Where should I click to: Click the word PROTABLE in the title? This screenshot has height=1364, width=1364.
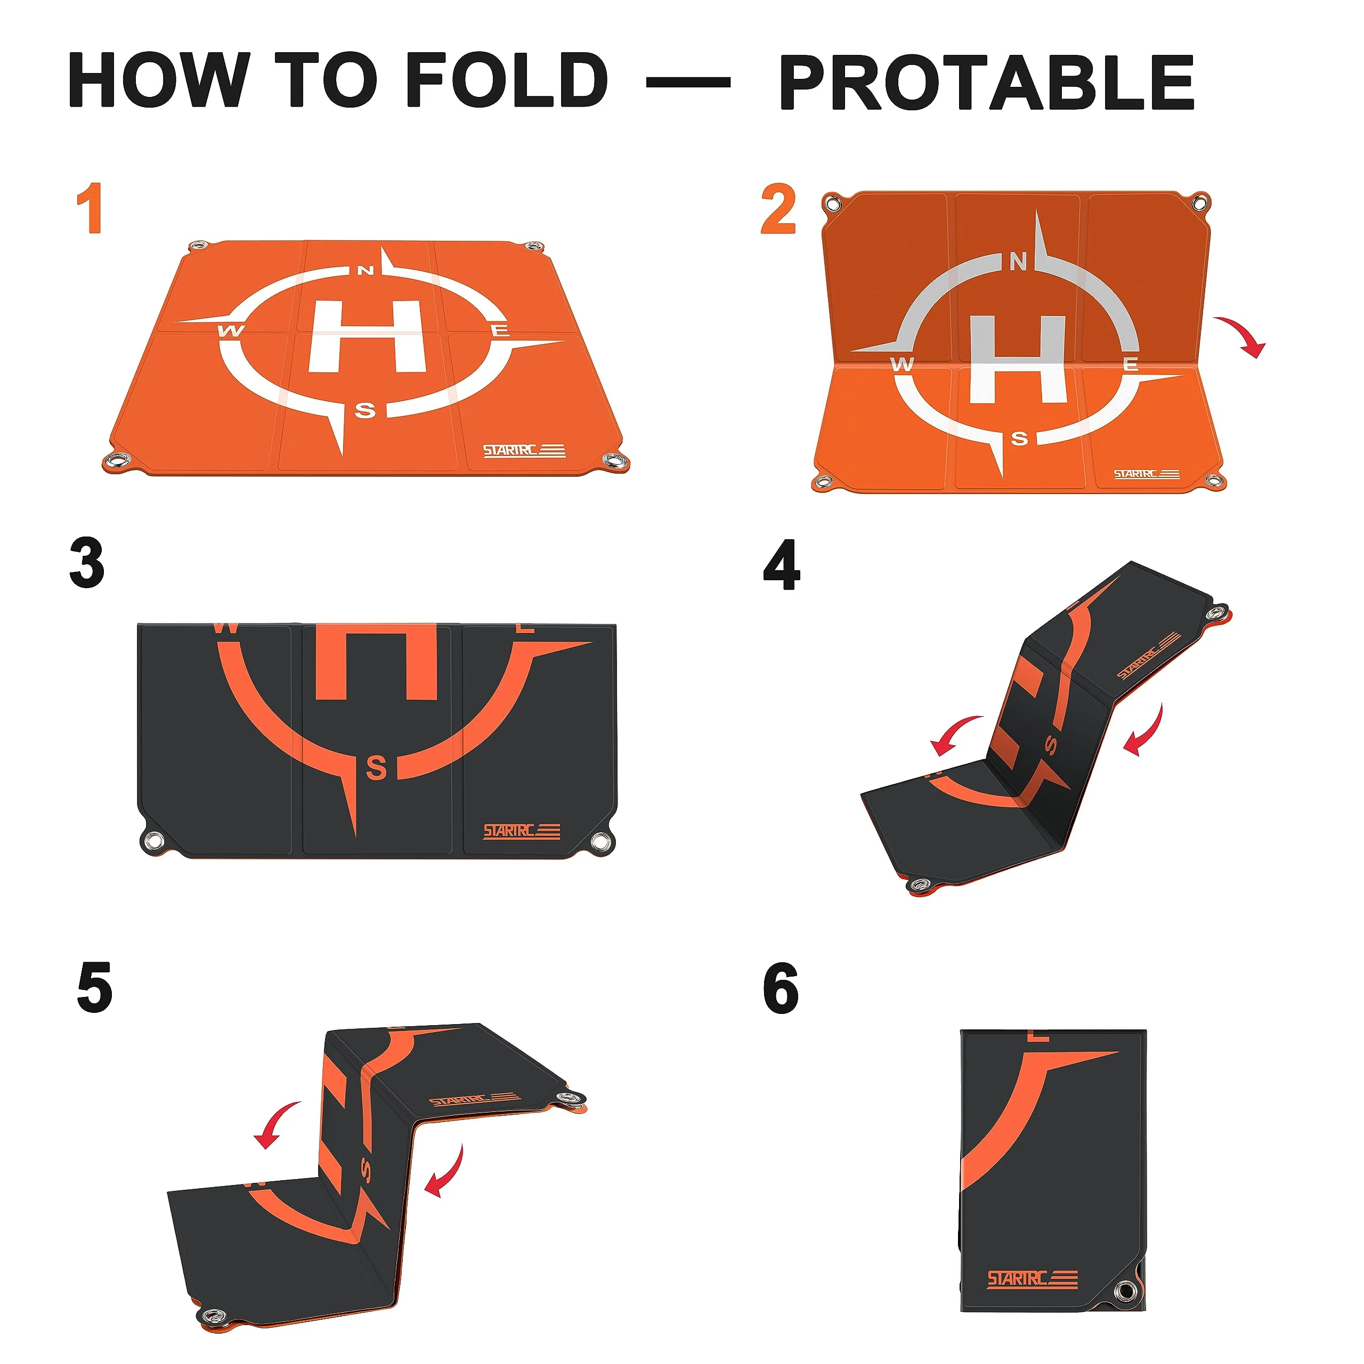pyautogui.click(x=987, y=83)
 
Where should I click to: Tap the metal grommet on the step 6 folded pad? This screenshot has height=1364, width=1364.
pyautogui.click(x=1123, y=1292)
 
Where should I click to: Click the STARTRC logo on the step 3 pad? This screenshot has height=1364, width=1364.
pyautogui.click(x=522, y=831)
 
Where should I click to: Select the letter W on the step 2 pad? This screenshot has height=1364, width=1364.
pyautogui.click(x=902, y=365)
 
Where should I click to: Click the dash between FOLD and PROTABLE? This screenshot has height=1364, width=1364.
pyautogui.click(x=688, y=83)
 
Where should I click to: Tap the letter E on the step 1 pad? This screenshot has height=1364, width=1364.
pyautogui.click(x=500, y=330)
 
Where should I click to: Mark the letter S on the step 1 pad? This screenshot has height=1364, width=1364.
pyautogui.click(x=365, y=410)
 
